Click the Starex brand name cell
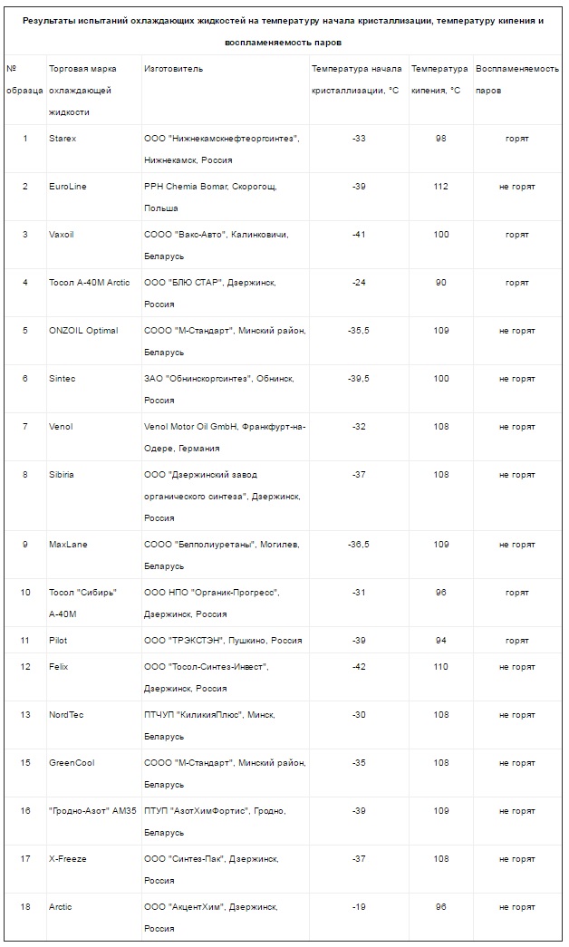pyautogui.click(x=63, y=139)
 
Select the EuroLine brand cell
pyautogui.click(x=68, y=187)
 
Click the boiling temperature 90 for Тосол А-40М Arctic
pyautogui.click(x=441, y=283)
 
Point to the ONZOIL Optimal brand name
pyautogui.click(x=83, y=331)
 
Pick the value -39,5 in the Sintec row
pyautogui.click(x=358, y=379)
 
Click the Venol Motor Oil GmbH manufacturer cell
pyautogui.click(x=225, y=437)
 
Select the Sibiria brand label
pyautogui.click(x=62, y=475)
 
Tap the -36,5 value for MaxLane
pyautogui.click(x=358, y=545)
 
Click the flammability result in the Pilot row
pyautogui.click(x=517, y=640)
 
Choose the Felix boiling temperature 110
pyautogui.click(x=441, y=667)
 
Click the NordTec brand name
pyautogui.click(x=66, y=715)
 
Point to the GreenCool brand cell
pyautogui.click(x=72, y=763)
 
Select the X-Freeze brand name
pyautogui.click(x=68, y=859)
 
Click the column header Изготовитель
pyautogui.click(x=174, y=70)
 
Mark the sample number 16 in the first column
pyautogui.click(x=25, y=811)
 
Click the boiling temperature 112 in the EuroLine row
pyautogui.click(x=441, y=187)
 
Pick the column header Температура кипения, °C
pyautogui.click(x=439, y=80)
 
